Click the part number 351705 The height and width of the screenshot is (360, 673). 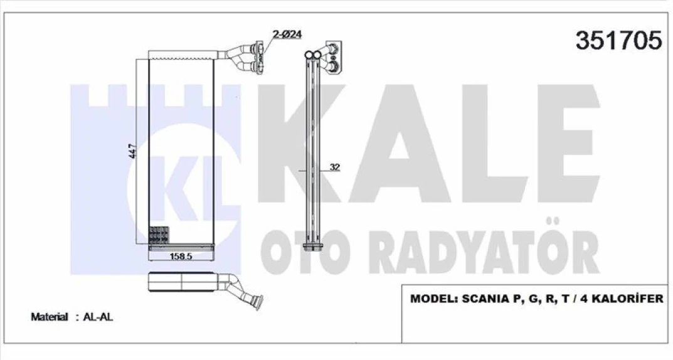click(x=618, y=41)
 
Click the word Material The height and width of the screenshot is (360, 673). click(x=49, y=317)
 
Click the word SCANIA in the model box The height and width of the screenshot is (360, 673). click(x=487, y=299)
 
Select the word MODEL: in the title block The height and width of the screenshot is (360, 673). click(x=434, y=299)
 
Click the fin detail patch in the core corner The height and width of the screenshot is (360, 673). click(x=159, y=235)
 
